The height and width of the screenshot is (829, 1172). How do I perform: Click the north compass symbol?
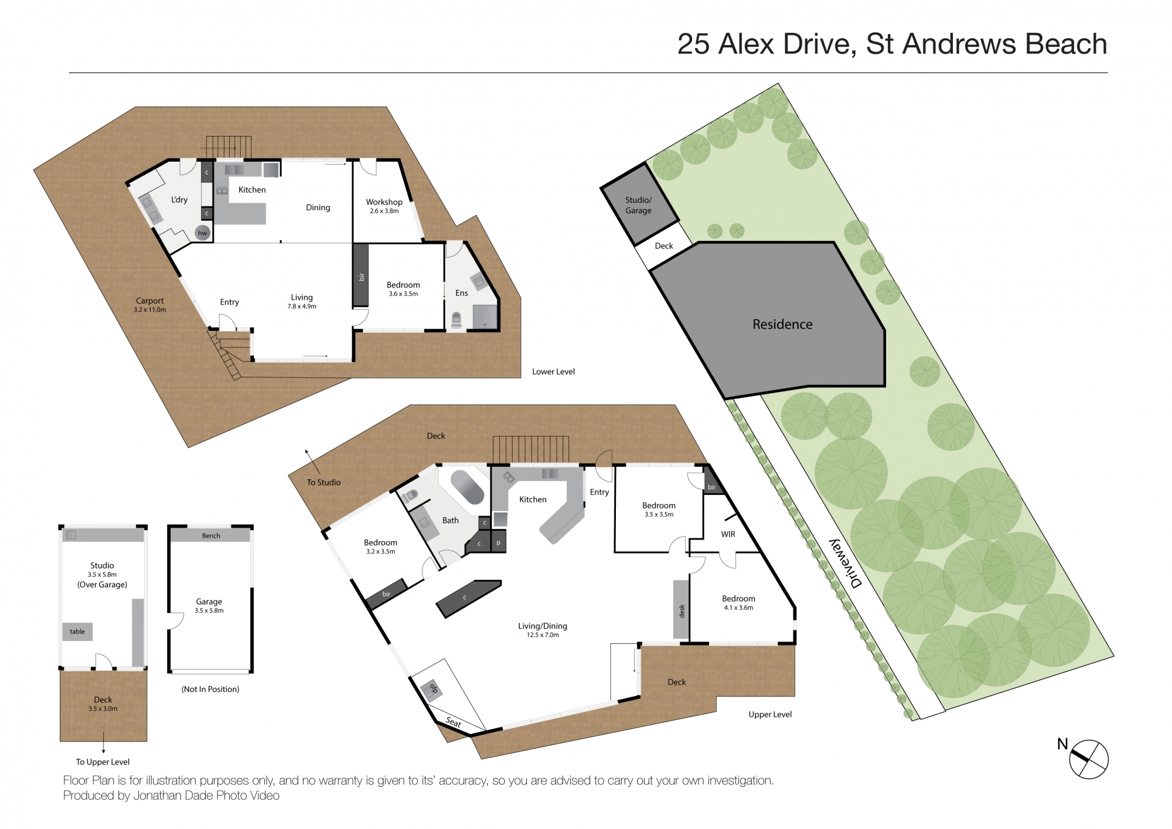tap(1088, 759)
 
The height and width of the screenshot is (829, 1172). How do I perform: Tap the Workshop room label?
tap(384, 202)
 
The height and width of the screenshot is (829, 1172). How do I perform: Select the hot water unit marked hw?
tap(202, 233)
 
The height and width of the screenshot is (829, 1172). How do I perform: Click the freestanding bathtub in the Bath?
tap(467, 486)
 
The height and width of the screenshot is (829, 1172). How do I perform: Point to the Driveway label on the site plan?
tap(846, 563)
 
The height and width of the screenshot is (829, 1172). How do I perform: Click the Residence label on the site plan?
tap(782, 324)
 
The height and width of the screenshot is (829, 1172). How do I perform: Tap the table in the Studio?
tap(77, 632)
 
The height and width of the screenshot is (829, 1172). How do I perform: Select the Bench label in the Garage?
tap(211, 535)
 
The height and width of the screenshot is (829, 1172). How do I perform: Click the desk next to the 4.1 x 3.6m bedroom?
tap(680, 609)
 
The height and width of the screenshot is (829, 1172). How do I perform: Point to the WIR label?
tap(728, 534)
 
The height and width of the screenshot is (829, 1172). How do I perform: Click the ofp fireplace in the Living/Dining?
tap(433, 688)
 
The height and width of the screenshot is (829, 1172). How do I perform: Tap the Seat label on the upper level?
tap(454, 722)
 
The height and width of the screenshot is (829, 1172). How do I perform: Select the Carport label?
tap(150, 301)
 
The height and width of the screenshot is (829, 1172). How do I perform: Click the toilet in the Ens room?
tap(456, 319)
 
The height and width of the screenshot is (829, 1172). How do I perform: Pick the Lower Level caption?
tap(553, 371)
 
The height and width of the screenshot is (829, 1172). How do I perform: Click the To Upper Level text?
tap(103, 762)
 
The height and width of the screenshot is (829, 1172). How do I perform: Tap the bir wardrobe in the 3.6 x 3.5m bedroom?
tap(360, 275)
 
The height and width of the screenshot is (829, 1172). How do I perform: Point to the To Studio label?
tap(323, 482)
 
